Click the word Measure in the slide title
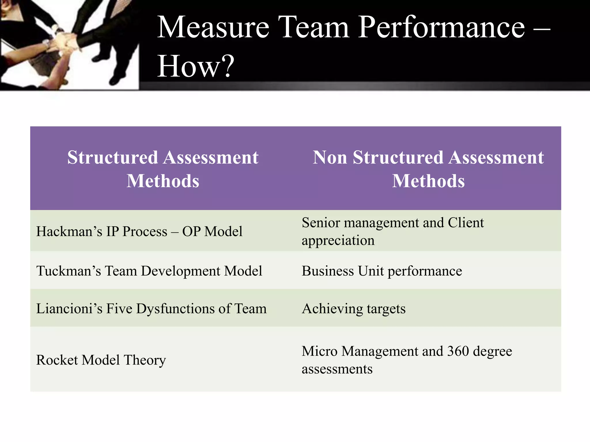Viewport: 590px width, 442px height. pyautogui.click(x=213, y=27)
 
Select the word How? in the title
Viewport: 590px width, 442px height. pyautogui.click(x=195, y=66)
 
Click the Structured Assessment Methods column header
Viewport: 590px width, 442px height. pyautogui.click(x=163, y=169)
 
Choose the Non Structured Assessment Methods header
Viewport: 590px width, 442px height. pyautogui.click(x=428, y=169)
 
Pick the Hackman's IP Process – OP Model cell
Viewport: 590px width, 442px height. pyautogui.click(x=139, y=231)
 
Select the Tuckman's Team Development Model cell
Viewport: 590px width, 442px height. pyautogui.click(x=149, y=271)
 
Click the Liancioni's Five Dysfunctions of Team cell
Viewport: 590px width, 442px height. pyautogui.click(x=151, y=308)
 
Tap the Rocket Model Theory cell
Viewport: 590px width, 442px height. pyautogui.click(x=101, y=360)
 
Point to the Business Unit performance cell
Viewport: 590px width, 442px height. pyautogui.click(x=382, y=271)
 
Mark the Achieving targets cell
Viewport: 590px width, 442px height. pyautogui.click(x=353, y=309)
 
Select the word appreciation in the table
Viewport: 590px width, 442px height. pyautogui.click(x=338, y=241)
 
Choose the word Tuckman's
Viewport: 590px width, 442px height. pyautogui.click(x=68, y=271)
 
